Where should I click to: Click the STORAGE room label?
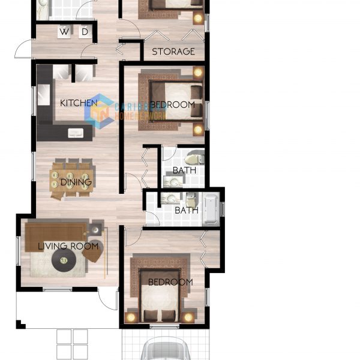click(173, 52)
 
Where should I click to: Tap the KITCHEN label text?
click(78, 103)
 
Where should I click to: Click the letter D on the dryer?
click(85, 31)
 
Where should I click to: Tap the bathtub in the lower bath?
click(211, 208)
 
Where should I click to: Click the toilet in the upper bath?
click(194, 160)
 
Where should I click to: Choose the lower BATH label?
click(186, 211)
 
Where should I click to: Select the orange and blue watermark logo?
click(98, 111)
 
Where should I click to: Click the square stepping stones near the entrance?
click(72, 344)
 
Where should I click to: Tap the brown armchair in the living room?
click(92, 253)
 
